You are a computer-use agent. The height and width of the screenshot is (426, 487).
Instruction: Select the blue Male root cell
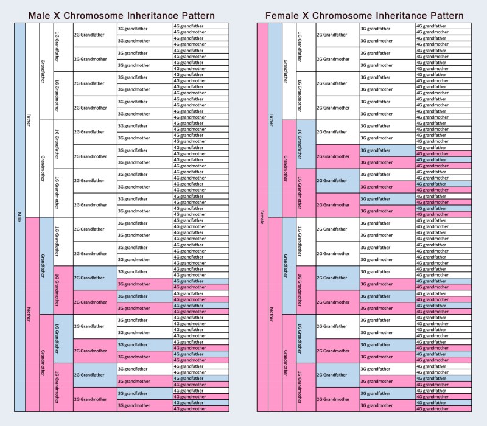[19, 217]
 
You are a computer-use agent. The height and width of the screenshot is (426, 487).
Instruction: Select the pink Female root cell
[262, 217]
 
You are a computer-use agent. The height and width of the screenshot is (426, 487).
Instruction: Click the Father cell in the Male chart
[30, 120]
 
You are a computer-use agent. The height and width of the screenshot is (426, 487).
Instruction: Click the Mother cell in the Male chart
[30, 315]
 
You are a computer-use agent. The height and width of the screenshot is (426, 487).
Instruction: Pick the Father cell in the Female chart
[273, 120]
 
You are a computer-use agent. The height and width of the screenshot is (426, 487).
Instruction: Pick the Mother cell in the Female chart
[273, 315]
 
